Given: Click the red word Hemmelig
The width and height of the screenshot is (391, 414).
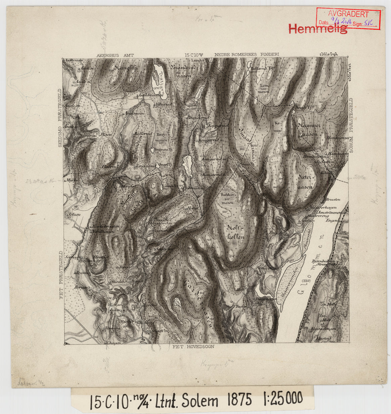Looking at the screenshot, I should click(x=317, y=29).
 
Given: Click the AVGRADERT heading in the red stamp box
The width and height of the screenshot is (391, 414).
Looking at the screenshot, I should click(x=348, y=14).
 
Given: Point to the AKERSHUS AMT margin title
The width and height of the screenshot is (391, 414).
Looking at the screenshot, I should click(x=115, y=55).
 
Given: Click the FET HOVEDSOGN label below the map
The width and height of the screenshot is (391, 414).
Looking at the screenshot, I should click(x=193, y=347).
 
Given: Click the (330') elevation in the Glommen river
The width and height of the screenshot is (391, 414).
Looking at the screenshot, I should click(x=306, y=280).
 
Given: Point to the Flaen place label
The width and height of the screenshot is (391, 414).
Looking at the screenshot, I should click(x=106, y=135).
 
